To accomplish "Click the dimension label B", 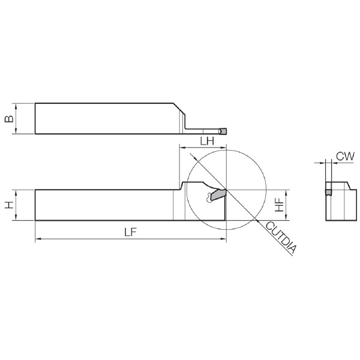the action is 10,118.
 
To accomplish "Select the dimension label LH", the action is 207,141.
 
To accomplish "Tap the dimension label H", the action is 10,205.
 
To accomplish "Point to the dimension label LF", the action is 130,232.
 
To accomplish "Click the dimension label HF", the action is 280,205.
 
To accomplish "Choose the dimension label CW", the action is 346,157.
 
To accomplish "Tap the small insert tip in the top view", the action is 223,131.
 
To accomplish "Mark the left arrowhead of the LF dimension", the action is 38,239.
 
